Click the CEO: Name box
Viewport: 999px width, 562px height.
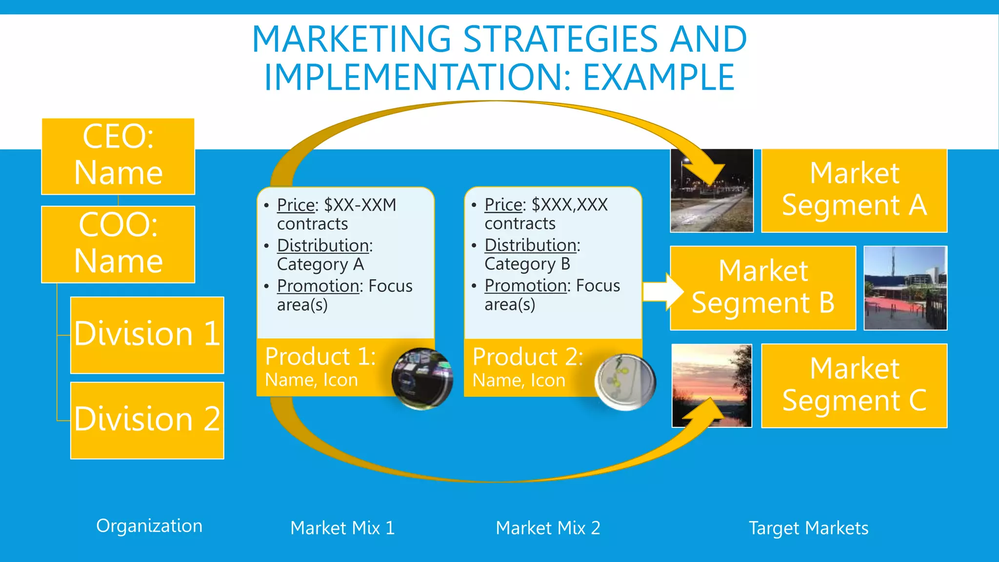(118, 156)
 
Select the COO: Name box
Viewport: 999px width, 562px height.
(118, 244)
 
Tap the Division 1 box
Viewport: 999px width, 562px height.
(147, 335)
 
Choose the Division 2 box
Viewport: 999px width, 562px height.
(147, 420)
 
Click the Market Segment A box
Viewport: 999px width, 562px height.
(854, 190)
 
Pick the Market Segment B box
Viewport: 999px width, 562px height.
(762, 288)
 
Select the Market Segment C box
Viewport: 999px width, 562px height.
(854, 385)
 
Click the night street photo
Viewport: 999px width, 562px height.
(712, 191)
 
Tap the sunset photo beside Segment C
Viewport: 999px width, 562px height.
(712, 385)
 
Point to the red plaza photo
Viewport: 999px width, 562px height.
(905, 288)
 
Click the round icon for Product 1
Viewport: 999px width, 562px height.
(422, 378)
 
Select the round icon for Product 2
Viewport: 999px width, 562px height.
(625, 381)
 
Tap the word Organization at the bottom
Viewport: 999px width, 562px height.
(149, 526)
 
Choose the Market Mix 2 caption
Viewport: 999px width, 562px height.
(548, 528)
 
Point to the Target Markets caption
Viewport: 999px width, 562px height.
(808, 528)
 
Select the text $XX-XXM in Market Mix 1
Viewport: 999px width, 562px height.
(360, 205)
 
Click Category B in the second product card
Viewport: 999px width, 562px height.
(527, 264)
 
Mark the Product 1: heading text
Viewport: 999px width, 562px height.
(320, 356)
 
